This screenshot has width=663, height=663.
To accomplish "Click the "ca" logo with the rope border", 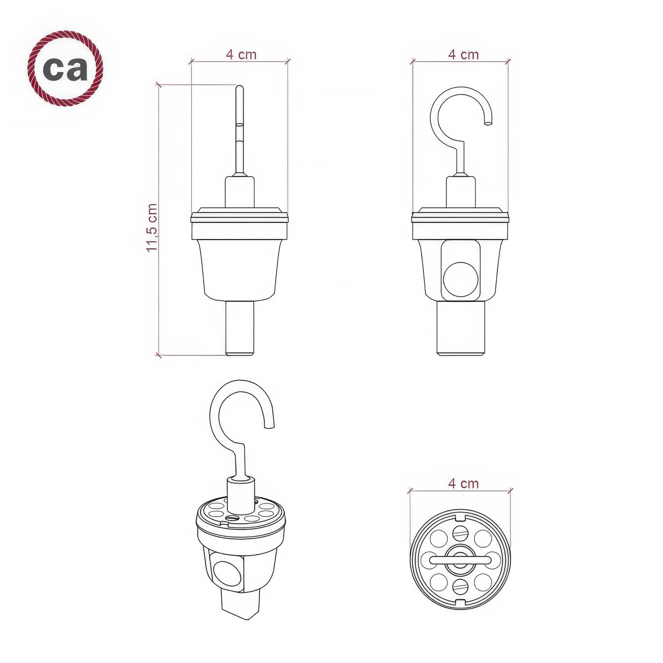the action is point(65,68).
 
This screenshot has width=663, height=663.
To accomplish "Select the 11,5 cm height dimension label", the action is point(152,228).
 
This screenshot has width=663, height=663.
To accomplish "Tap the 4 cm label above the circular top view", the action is point(463,483).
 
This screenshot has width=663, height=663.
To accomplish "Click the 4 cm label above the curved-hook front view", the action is point(463,54).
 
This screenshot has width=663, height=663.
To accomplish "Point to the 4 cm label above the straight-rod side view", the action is point(241,54).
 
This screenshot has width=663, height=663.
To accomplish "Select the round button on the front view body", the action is point(461,279).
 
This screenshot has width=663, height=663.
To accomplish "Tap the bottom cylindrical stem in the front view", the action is point(461,328).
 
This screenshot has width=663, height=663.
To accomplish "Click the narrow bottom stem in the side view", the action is point(240,328).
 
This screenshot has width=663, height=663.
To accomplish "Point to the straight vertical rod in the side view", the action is point(240,130).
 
